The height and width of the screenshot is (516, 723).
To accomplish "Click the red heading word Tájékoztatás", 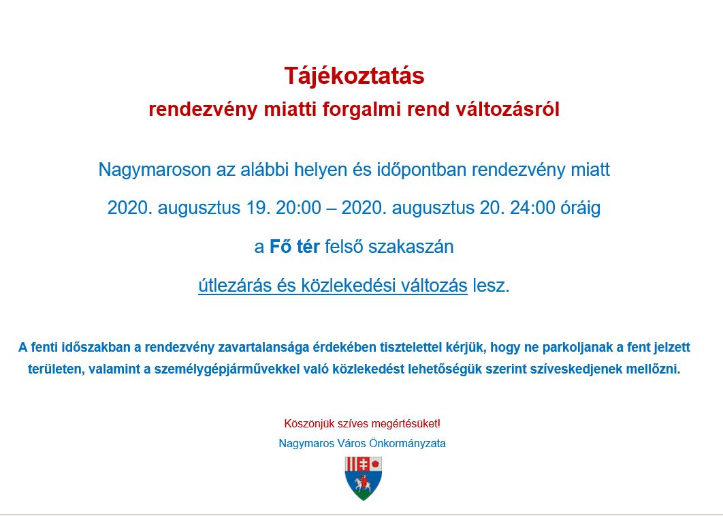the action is (354, 76).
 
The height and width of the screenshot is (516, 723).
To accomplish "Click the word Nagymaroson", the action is (155, 170).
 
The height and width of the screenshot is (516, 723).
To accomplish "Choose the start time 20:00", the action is (298, 208).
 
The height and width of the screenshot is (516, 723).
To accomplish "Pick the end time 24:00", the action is (532, 208).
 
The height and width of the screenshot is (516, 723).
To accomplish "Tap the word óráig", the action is (581, 208).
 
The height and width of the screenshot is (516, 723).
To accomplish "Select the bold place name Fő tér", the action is (294, 247).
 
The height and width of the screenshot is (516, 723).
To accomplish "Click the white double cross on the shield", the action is (364, 464).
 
